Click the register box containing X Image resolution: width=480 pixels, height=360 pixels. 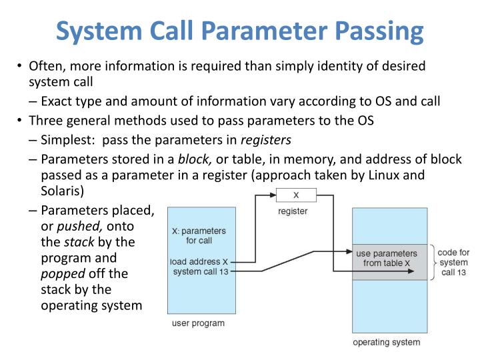point(296,195)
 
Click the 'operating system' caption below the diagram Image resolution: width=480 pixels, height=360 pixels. point(386,342)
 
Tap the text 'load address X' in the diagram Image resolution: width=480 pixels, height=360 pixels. point(199,261)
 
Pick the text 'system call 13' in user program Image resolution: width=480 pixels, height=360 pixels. point(201,271)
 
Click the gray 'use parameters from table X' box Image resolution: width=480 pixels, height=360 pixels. point(387,259)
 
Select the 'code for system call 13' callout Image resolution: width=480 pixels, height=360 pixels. point(453,263)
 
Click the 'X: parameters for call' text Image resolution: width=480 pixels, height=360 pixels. point(199,235)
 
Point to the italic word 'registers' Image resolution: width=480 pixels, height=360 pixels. point(265,140)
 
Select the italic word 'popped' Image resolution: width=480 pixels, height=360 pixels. point(62,274)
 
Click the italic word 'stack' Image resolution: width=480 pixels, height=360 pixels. point(79,242)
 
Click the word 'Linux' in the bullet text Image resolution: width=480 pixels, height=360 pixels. point(387,175)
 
